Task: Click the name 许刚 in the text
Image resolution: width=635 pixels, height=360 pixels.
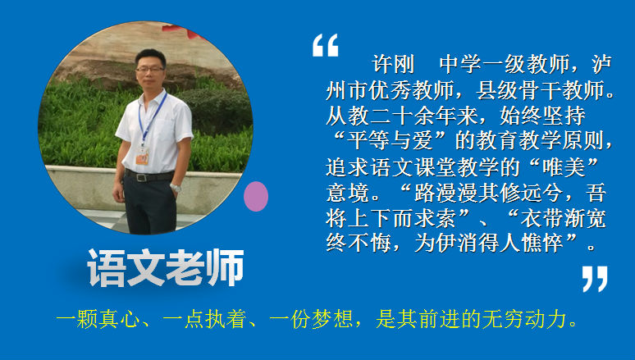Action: coord(393,64)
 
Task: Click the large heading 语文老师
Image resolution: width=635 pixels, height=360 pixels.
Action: coord(165,268)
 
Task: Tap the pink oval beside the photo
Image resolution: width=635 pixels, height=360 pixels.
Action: coord(256,196)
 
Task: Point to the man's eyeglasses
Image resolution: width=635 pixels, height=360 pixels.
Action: coord(150,69)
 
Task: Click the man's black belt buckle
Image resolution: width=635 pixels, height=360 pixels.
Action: coord(141,177)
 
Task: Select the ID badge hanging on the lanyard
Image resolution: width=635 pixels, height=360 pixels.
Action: coord(142,156)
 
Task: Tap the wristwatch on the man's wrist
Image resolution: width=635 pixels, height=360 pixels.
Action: coord(175,188)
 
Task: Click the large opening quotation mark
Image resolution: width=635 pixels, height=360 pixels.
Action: coord(325,45)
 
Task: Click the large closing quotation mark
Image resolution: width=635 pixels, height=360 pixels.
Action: coord(595,279)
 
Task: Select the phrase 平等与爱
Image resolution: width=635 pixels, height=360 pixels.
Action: coord(390,140)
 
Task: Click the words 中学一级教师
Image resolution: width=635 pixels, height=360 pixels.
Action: coord(505,64)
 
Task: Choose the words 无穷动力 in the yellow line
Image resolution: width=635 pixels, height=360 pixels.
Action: coord(527,319)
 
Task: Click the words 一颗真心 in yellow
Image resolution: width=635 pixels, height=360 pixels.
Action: coord(98,319)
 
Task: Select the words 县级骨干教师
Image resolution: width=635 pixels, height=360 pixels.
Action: coord(541,90)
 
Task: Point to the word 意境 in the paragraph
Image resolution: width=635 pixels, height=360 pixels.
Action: coord(347,193)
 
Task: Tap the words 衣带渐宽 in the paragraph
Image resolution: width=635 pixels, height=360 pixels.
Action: coord(564,218)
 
